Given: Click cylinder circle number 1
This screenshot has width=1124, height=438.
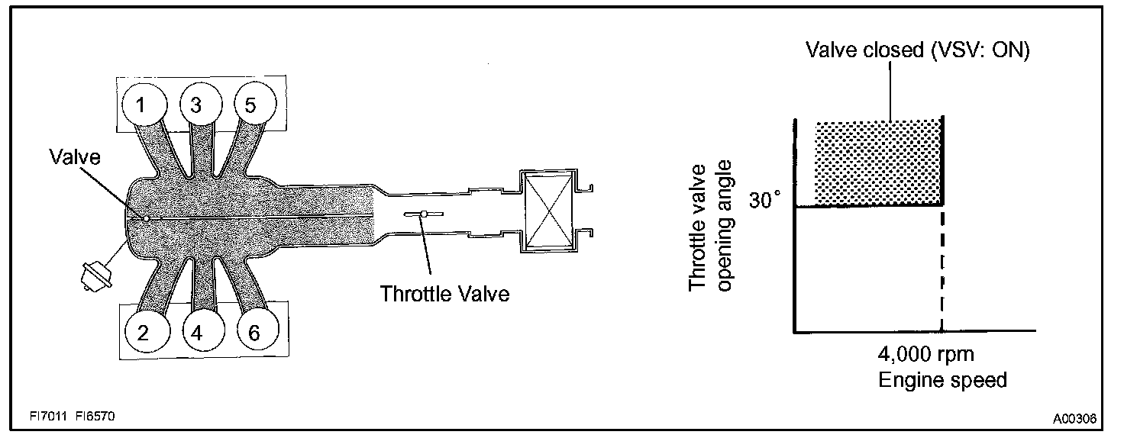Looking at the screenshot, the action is coord(141,105).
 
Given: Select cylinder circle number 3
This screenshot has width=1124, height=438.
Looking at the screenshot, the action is coord(197,105).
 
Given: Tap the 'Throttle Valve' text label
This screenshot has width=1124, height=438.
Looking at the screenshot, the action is coord(445,293).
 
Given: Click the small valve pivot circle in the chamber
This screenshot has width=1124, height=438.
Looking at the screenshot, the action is coord(145,218).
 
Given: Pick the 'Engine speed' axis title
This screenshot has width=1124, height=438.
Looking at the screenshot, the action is coord(942,379).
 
